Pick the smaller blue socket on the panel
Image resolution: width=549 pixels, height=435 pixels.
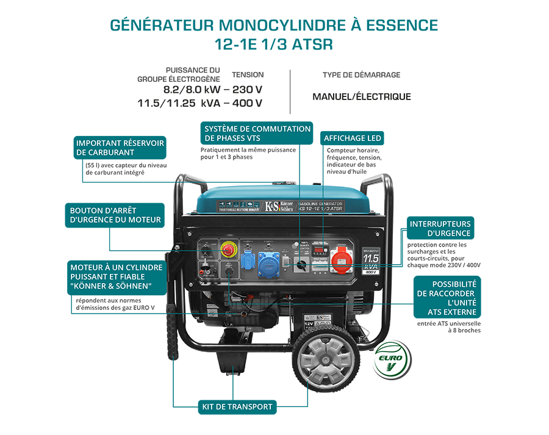(248, 259)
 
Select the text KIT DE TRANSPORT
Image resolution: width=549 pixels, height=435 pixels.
(237, 407)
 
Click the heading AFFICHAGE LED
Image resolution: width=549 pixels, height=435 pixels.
(352, 138)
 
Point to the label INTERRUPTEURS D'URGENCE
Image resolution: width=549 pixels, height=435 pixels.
(440, 228)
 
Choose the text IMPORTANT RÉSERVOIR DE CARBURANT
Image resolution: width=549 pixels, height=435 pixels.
(120, 148)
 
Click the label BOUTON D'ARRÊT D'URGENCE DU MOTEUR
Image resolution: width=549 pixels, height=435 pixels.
(115, 215)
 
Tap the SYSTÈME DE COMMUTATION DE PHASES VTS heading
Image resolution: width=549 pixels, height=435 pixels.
(257, 134)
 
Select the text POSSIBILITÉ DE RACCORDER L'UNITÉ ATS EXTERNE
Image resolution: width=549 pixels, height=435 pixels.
(451, 298)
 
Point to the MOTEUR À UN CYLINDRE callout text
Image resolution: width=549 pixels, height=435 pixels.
(116, 277)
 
